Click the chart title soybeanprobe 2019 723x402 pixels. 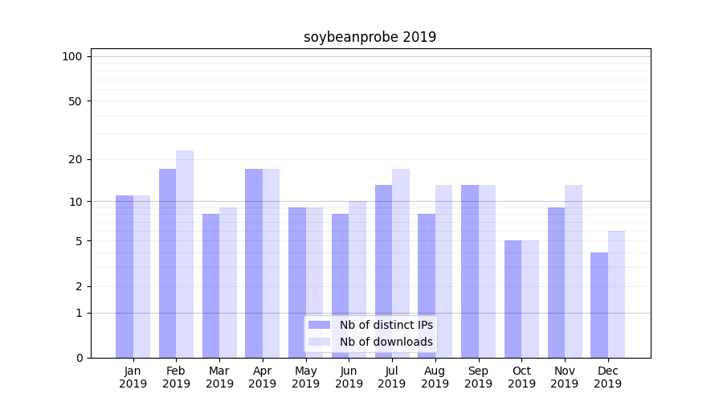tap(370, 37)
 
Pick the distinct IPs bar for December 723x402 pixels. tap(599, 305)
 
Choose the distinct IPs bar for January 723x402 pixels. tap(125, 277)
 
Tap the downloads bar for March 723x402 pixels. tap(228, 282)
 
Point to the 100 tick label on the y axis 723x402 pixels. tap(72, 56)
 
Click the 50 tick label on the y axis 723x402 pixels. tap(75, 101)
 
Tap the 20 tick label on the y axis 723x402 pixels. tap(75, 159)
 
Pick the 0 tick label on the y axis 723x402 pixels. tap(78, 358)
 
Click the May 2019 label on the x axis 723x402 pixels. tap(306, 377)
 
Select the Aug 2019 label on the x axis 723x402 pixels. tap(435, 377)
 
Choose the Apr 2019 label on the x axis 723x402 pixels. tap(263, 377)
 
